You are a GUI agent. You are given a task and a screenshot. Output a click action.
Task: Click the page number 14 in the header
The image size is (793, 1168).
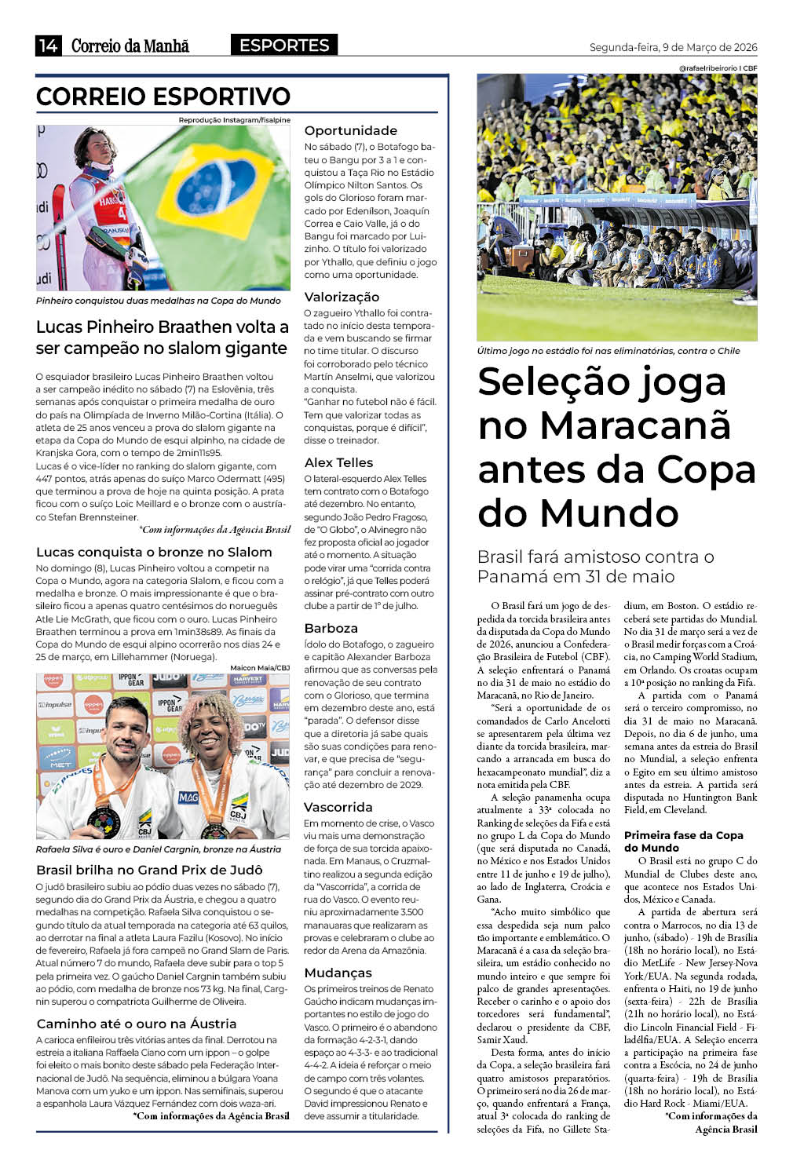click(47, 46)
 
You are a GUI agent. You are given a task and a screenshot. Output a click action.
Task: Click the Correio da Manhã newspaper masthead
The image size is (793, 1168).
click(130, 46)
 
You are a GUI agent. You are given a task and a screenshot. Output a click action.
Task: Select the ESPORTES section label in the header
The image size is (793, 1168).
click(284, 45)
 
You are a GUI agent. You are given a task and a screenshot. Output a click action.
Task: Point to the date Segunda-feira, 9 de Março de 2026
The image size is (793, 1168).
click(673, 47)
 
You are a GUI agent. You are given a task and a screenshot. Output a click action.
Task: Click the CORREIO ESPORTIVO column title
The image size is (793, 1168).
click(163, 97)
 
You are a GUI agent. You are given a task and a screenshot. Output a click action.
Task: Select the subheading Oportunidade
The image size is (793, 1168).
click(350, 130)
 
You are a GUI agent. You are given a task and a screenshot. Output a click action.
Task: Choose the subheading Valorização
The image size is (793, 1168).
click(342, 297)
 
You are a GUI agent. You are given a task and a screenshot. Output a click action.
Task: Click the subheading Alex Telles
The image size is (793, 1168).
click(338, 462)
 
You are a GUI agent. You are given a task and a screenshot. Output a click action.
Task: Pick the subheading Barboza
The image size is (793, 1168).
click(331, 628)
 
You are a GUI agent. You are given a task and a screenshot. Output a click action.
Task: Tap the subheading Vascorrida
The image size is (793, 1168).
click(338, 807)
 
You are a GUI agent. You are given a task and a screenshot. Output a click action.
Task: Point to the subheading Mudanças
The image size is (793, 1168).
click(338, 973)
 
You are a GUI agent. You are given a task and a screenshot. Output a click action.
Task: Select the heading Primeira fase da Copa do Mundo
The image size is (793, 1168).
click(683, 841)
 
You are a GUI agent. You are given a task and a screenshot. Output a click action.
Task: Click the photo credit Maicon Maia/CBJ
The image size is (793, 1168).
click(259, 668)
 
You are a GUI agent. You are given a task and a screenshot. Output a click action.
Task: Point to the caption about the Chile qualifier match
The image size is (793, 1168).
click(608, 351)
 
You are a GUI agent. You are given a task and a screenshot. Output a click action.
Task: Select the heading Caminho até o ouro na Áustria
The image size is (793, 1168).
click(136, 1024)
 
